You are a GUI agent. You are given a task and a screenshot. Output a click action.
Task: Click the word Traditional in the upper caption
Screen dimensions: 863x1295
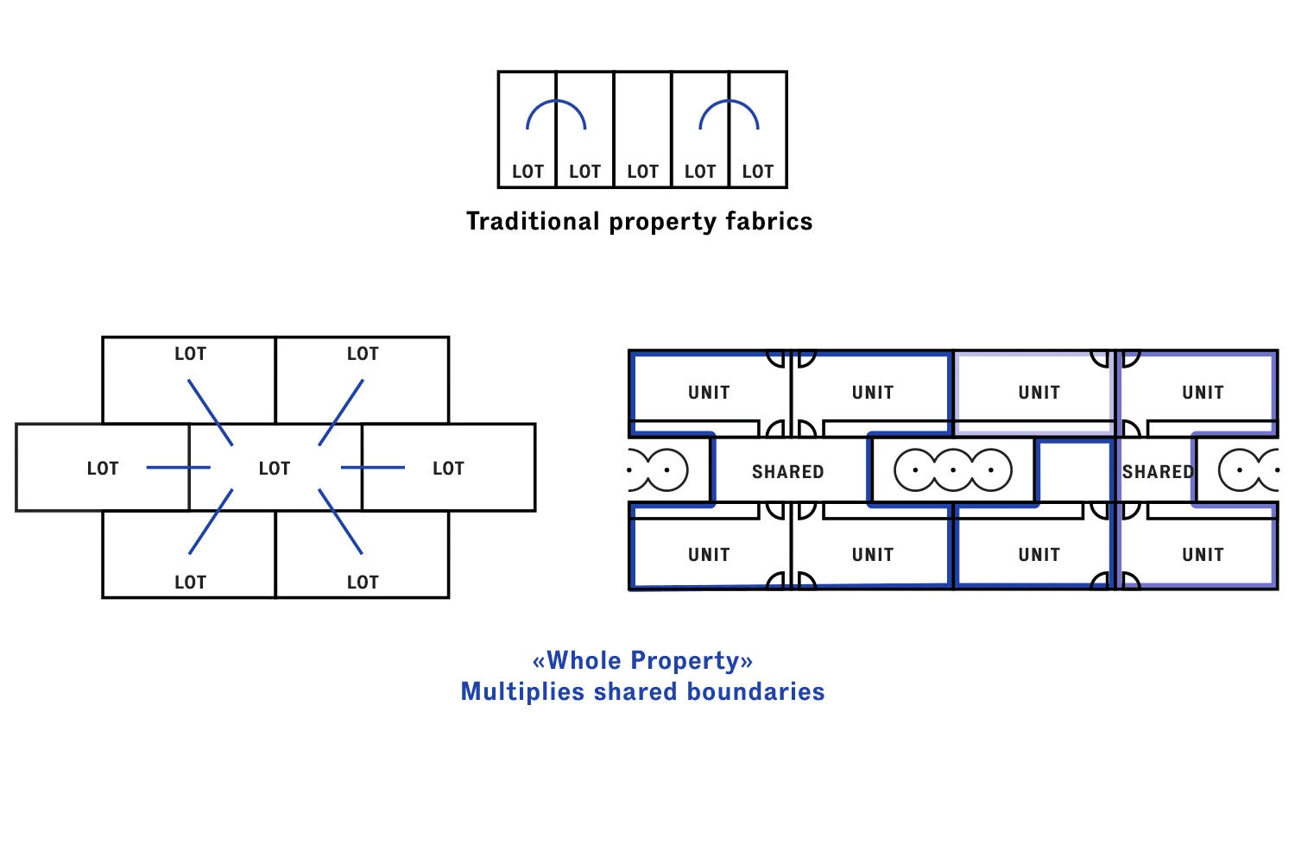(x=533, y=222)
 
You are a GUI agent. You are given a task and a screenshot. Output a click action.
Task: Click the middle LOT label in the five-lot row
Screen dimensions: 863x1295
(x=642, y=172)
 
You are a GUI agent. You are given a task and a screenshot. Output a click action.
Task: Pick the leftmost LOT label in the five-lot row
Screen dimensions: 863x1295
(x=527, y=172)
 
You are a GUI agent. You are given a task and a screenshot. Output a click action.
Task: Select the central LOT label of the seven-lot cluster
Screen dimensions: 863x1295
(x=275, y=469)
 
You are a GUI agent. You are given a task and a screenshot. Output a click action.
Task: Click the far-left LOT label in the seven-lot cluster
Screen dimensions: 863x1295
(x=103, y=469)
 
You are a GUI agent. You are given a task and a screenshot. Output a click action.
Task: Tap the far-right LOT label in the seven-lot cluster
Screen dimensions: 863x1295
(x=448, y=469)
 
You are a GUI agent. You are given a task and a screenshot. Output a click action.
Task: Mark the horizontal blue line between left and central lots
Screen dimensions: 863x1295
(x=178, y=468)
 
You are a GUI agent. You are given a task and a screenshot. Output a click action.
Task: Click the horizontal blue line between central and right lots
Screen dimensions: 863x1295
(x=373, y=468)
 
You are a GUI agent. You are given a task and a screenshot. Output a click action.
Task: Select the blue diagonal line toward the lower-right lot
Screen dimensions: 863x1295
(x=340, y=521)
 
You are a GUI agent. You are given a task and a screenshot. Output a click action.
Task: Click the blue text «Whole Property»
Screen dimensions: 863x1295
(x=642, y=661)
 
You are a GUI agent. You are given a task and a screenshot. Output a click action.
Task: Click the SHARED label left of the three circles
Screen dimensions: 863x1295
(x=787, y=472)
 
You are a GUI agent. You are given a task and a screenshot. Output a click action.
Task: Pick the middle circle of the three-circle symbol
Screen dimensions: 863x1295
(x=953, y=470)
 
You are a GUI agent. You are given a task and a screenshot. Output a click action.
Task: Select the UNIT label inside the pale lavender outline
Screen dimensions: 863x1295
(x=1039, y=393)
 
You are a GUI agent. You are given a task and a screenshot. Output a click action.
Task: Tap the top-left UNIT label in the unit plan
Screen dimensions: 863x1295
(x=709, y=393)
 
